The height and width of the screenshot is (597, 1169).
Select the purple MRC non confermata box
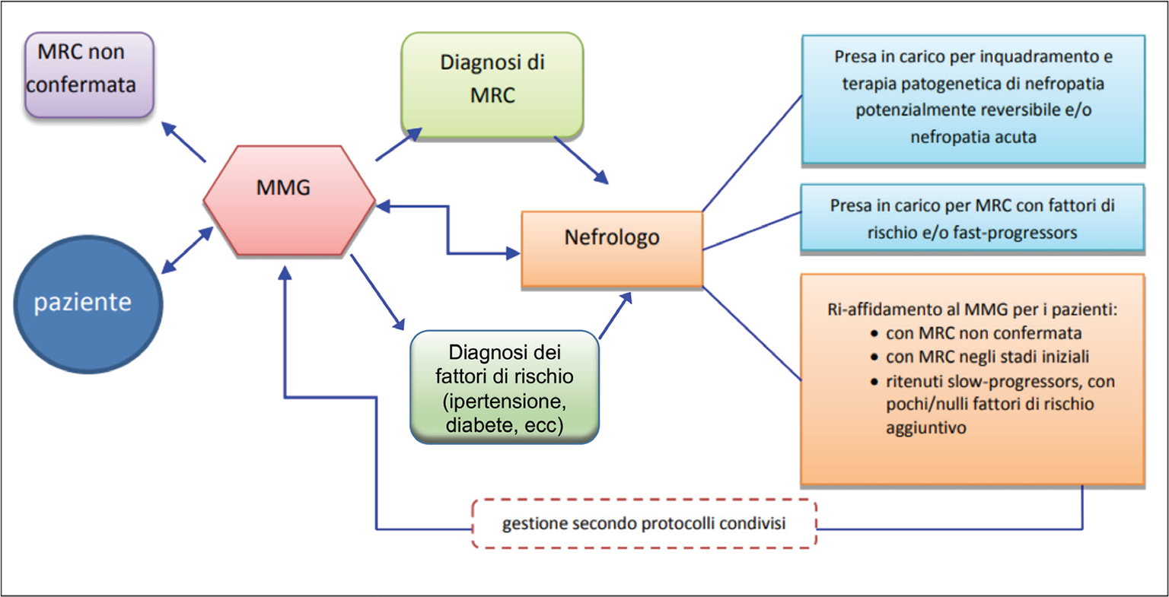[x=88, y=75]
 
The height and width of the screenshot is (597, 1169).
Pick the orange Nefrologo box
[x=612, y=248]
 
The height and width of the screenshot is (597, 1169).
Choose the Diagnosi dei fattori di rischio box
[x=505, y=387]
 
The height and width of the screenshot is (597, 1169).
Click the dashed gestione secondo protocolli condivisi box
[x=644, y=524]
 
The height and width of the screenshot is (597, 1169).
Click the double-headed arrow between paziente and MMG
[x=187, y=249]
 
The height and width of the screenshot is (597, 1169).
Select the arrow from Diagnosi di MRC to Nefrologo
[x=582, y=160]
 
